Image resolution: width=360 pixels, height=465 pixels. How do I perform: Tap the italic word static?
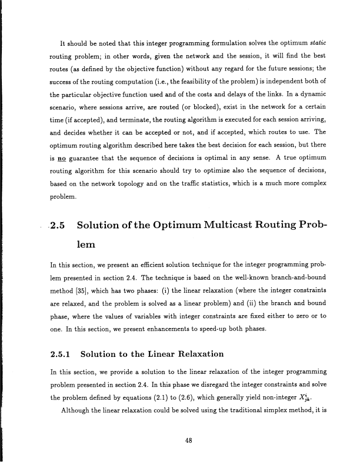[315, 44]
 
